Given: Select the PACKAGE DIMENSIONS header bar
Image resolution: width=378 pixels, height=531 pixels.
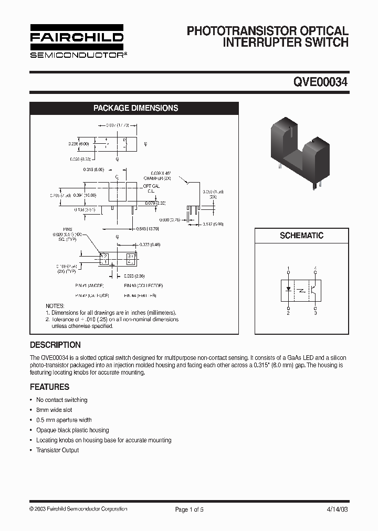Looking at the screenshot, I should coord(135,108).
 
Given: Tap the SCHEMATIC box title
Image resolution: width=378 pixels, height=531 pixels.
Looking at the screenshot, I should coord(301,236).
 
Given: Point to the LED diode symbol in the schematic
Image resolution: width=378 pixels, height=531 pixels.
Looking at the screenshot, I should coord(288,289).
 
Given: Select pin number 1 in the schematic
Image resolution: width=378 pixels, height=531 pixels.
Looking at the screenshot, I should coord(288,269).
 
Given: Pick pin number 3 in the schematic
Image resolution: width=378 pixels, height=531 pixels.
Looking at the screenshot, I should coord(315,313).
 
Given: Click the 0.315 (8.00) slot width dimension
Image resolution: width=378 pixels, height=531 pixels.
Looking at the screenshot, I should coord(94,169).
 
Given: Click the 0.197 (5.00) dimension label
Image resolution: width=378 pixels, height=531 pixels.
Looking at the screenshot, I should coord(213,224).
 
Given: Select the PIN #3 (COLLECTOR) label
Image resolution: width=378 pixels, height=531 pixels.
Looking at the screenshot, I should coord(143,286).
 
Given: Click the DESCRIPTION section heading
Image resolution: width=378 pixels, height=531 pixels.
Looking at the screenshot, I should coord(55,345).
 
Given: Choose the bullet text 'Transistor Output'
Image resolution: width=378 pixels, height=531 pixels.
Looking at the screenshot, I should coord(57,450).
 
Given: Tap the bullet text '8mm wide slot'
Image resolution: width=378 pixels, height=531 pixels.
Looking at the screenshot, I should coord(54,410).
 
